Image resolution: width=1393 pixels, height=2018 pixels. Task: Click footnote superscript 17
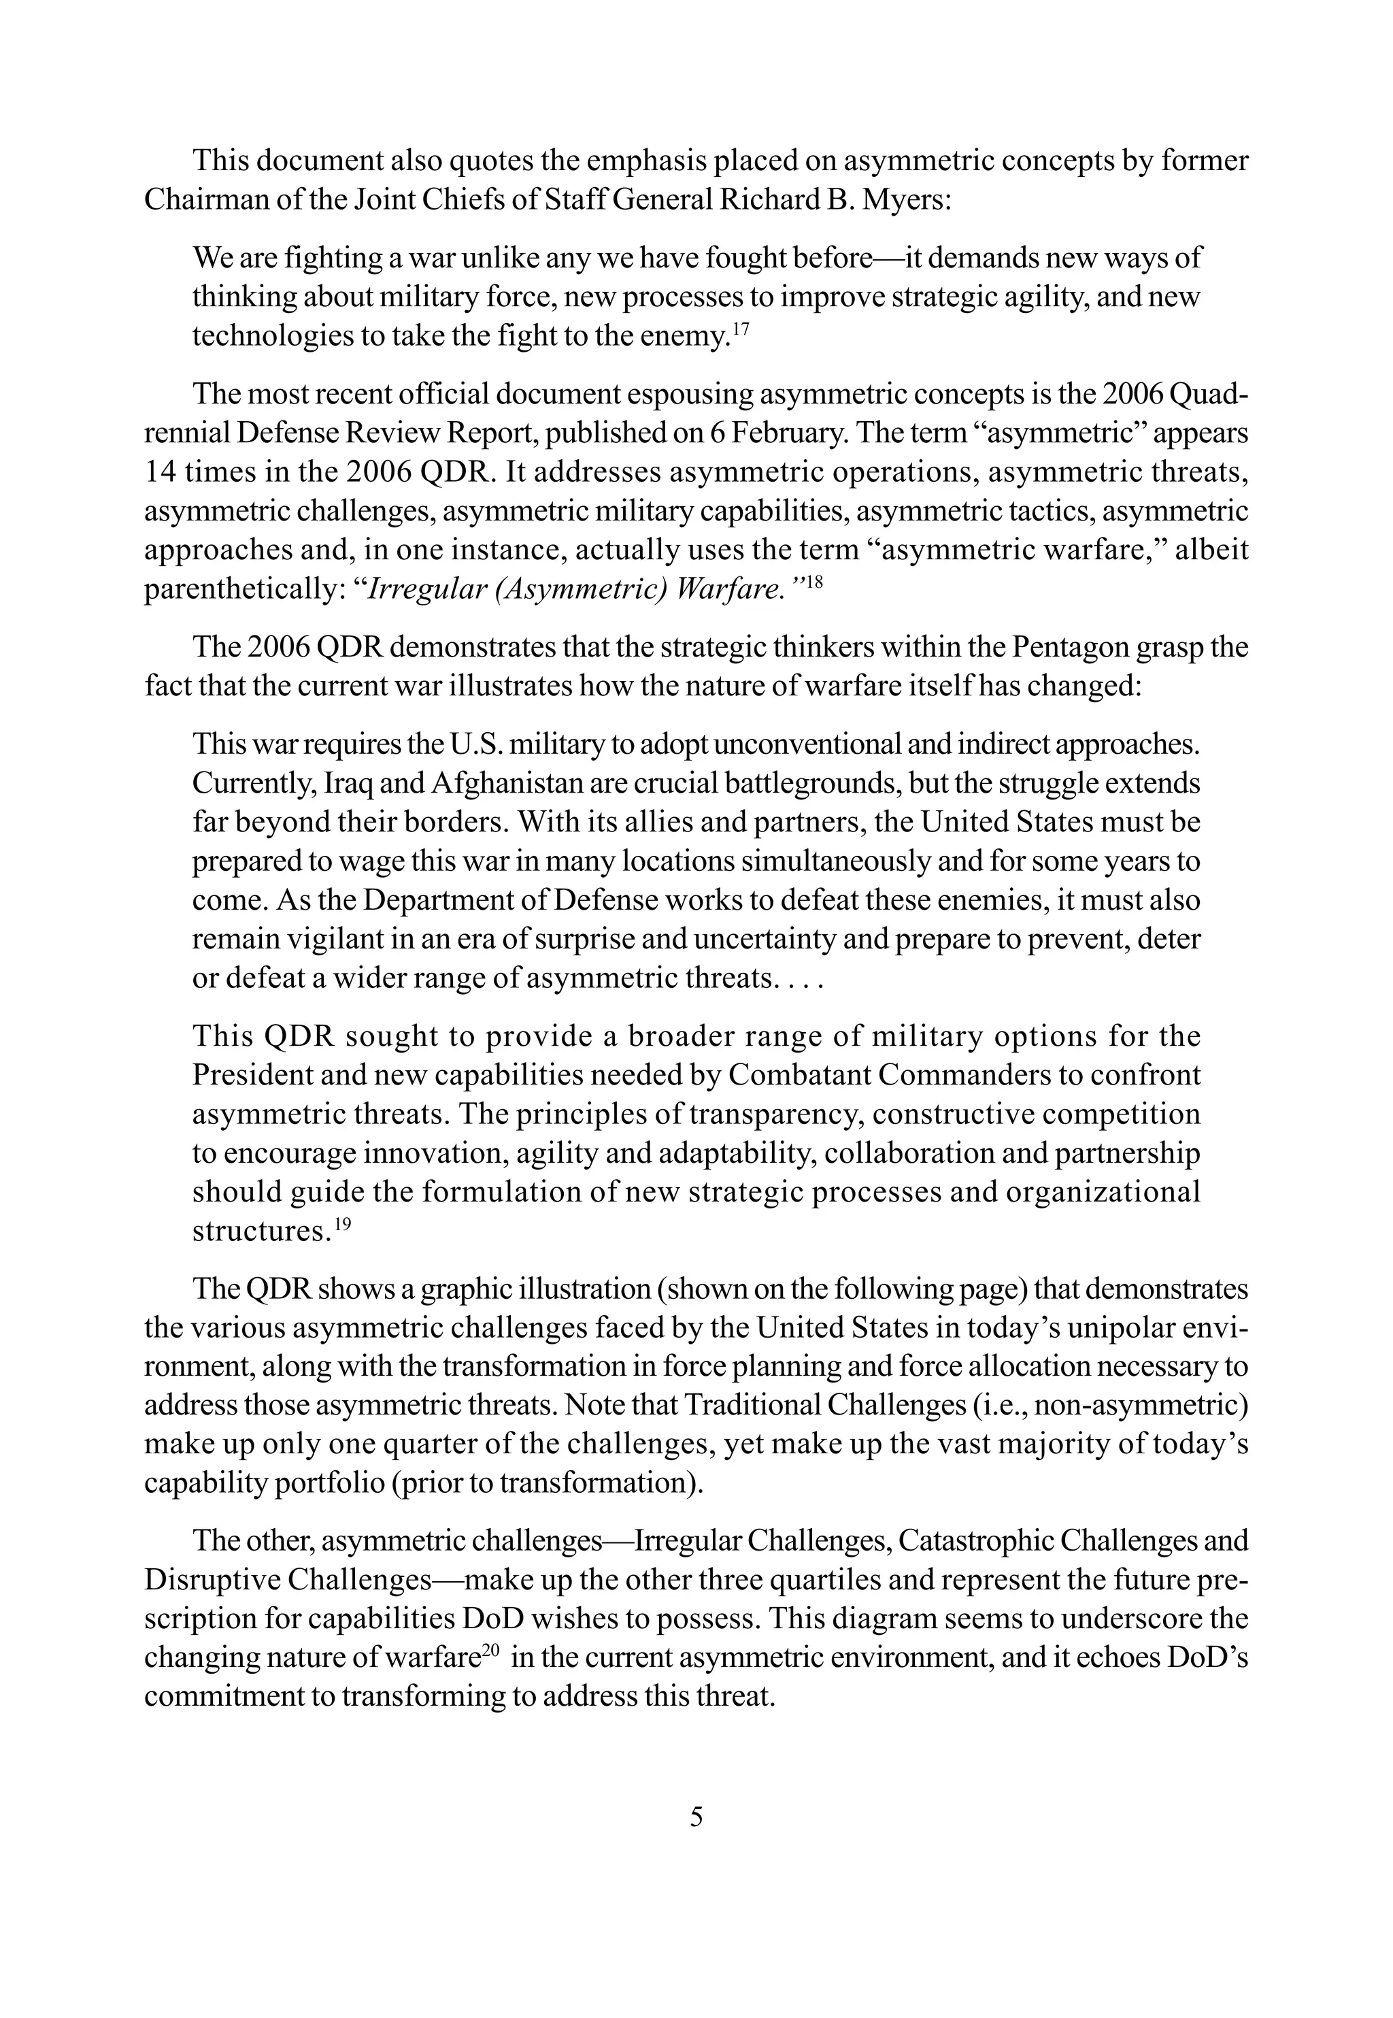740,328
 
